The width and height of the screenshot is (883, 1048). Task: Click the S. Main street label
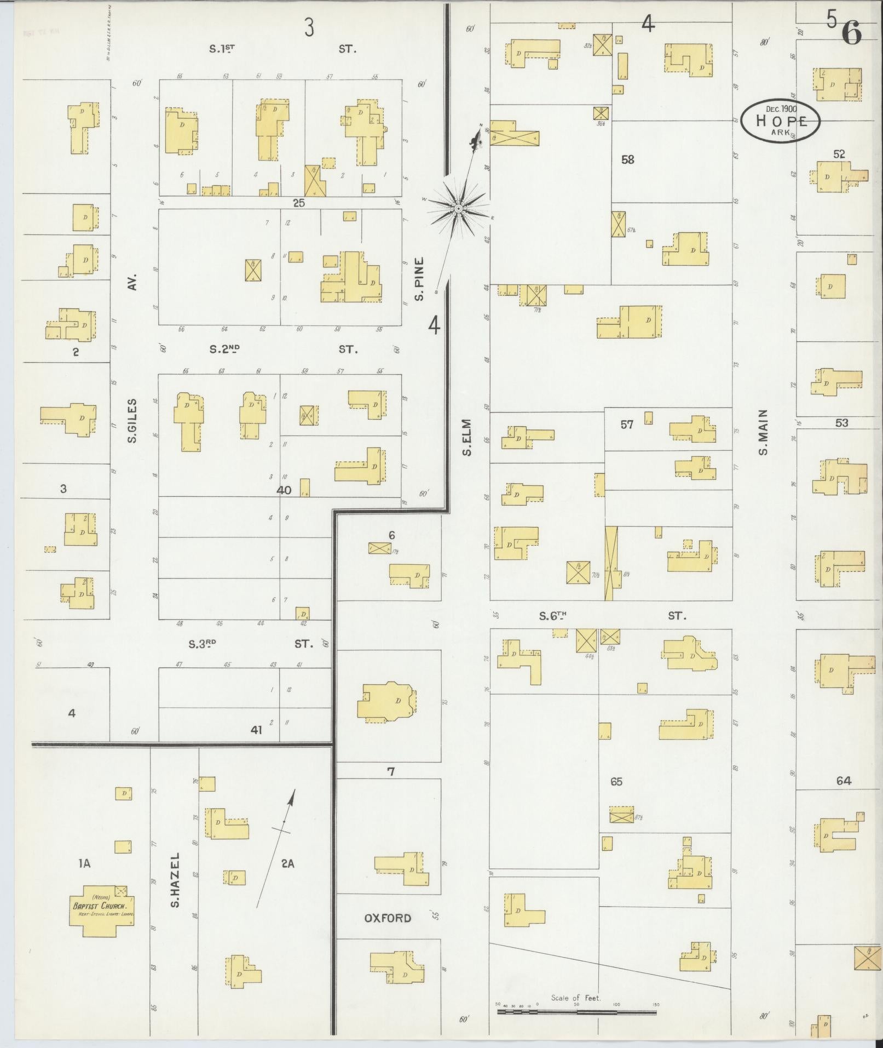pyautogui.click(x=763, y=433)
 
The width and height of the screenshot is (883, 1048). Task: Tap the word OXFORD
pyautogui.click(x=388, y=918)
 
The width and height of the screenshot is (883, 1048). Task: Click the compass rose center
pyautogui.click(x=459, y=208)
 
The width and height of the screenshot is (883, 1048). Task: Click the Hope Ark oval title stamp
pyautogui.click(x=781, y=121)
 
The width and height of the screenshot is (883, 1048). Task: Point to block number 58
pyautogui.click(x=627, y=160)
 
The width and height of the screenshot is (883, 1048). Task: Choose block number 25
pyautogui.click(x=298, y=203)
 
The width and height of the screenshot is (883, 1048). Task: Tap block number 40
pyautogui.click(x=284, y=490)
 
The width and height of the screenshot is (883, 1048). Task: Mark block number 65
pyautogui.click(x=616, y=782)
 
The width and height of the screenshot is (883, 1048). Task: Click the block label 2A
pyautogui.click(x=288, y=864)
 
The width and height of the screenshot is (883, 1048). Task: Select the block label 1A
pyautogui.click(x=84, y=864)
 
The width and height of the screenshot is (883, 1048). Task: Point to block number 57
pyautogui.click(x=627, y=424)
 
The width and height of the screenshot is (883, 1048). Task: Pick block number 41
pyautogui.click(x=256, y=730)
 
